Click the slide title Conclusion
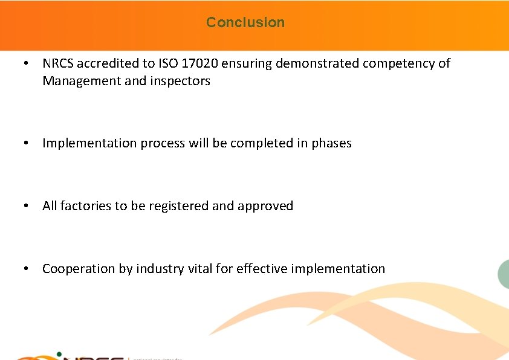pos(245,22)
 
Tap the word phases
pos(331,143)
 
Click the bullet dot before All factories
pos(26,207)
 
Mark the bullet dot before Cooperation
pos(26,269)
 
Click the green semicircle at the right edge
pos(504,274)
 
